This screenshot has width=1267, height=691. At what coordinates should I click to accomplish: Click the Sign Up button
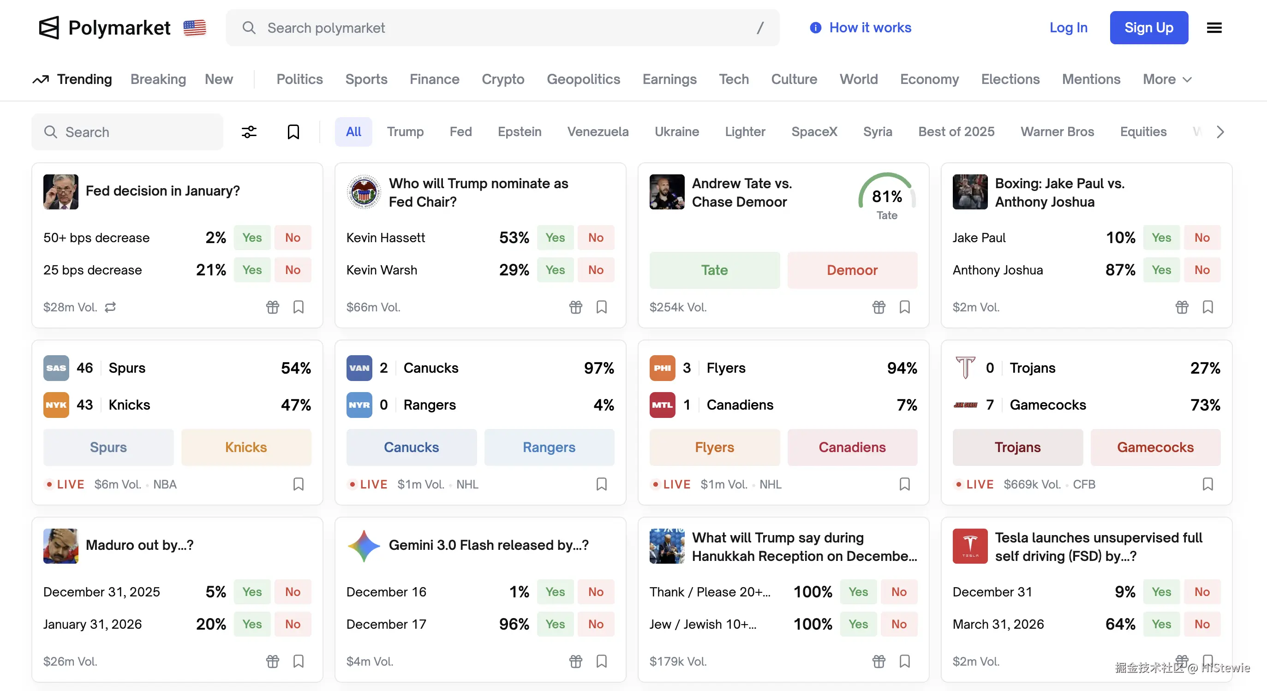click(1148, 28)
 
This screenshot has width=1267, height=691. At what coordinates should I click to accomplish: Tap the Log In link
click(1068, 28)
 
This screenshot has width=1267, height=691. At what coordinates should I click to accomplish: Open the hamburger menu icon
click(1214, 28)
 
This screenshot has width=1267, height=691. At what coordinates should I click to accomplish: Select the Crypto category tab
click(502, 79)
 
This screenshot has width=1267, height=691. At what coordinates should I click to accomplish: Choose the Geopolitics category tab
click(583, 79)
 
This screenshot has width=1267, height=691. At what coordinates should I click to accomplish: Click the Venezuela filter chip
click(598, 132)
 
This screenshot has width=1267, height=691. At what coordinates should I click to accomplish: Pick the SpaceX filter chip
click(813, 132)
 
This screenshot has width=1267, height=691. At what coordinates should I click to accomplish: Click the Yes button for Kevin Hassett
click(555, 238)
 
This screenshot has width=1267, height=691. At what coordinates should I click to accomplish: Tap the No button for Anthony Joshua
click(1201, 270)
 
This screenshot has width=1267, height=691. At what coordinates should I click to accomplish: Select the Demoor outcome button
click(852, 270)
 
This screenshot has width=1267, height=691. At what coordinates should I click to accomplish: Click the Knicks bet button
click(246, 447)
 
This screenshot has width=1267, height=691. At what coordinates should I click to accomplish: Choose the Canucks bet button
click(411, 447)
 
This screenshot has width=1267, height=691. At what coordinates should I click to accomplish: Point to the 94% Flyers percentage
click(902, 368)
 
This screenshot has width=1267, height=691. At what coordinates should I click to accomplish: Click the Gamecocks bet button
click(1155, 447)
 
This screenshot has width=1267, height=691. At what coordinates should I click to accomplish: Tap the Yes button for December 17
click(555, 624)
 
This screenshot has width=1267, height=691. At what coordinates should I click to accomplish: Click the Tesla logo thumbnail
click(969, 546)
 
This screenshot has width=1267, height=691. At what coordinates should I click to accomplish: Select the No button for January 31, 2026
click(293, 624)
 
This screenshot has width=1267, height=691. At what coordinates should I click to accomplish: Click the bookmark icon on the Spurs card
click(299, 484)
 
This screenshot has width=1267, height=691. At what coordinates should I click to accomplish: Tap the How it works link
click(870, 28)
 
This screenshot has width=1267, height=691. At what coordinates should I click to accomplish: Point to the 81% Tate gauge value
click(886, 197)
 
